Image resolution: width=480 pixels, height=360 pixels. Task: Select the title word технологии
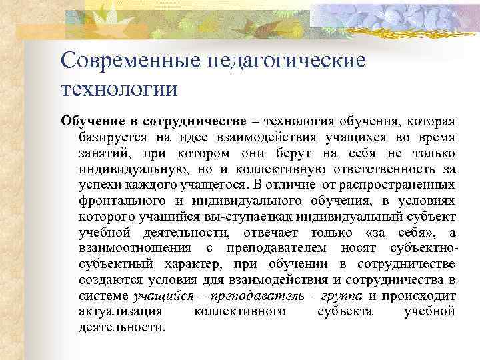[119, 88]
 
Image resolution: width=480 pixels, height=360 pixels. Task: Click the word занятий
[101, 153]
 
